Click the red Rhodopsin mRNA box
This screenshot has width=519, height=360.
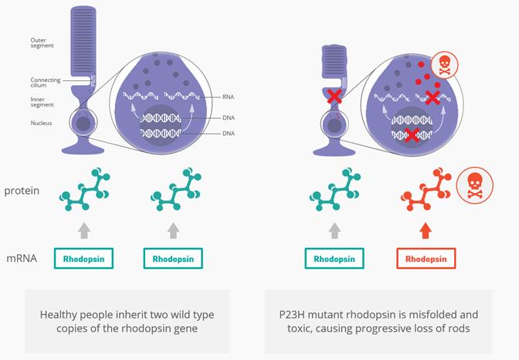pos(426,258)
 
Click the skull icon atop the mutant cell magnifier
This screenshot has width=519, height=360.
pos(443,65)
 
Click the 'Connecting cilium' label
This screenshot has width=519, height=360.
pos(45,82)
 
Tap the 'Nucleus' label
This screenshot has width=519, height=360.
pos(40,122)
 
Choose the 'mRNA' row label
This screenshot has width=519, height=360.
pos(22,258)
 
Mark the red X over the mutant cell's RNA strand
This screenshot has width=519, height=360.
pos(433,97)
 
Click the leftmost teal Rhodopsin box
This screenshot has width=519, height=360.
pos(84,258)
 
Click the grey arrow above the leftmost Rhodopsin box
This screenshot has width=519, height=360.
pos(84,229)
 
